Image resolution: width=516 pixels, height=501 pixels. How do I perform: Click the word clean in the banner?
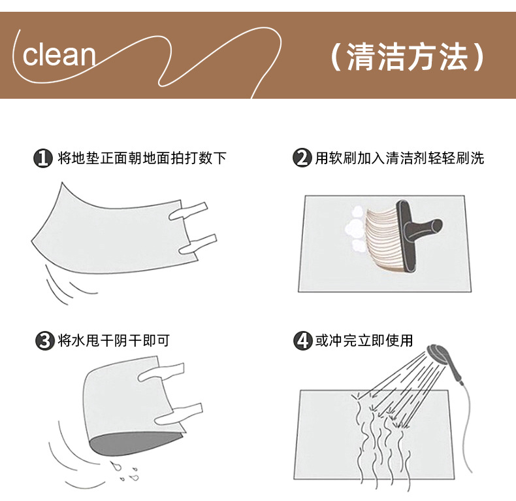(x=59, y=55)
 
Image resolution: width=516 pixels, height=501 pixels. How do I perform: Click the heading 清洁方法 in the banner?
(x=408, y=57)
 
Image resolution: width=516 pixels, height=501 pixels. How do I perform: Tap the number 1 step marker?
(x=43, y=158)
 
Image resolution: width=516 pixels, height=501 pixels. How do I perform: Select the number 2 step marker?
(x=302, y=158)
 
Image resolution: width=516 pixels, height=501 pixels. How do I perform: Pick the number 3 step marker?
(x=45, y=341)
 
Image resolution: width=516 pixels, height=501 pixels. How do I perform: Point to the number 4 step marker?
(x=302, y=340)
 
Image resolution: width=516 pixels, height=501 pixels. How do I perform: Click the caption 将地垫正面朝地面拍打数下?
(x=142, y=158)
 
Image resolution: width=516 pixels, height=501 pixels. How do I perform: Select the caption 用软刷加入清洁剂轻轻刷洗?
(x=400, y=158)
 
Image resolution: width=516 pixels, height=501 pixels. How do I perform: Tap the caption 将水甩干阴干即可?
(x=114, y=341)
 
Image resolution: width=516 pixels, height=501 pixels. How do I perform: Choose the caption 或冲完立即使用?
(x=364, y=340)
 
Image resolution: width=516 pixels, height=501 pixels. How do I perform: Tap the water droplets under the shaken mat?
(x=124, y=472)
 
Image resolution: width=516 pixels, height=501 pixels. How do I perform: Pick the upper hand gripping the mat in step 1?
(x=188, y=211)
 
